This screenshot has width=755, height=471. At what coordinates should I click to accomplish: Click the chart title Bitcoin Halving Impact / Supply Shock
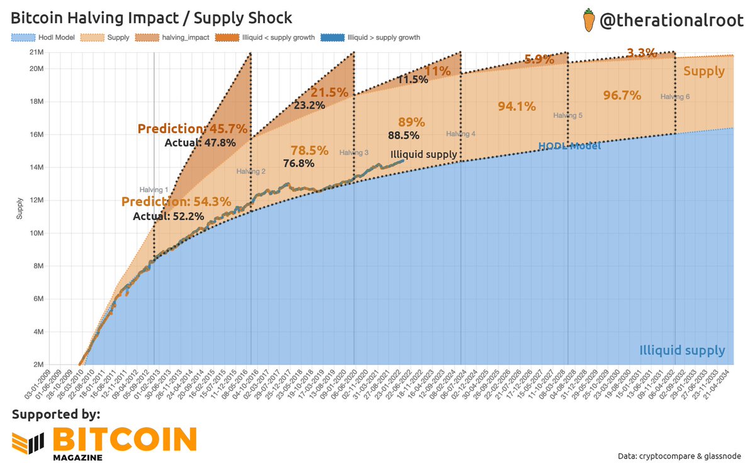pos(152,17)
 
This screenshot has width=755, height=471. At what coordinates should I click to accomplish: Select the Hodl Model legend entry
pos(43,38)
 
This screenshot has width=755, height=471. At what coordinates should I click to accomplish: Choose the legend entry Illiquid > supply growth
pos(372,38)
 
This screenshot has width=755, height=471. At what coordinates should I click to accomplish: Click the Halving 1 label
pos(154,189)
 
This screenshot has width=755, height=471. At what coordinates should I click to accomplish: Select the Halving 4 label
pos(461,134)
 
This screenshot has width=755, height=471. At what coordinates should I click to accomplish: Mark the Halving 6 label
pos(675,97)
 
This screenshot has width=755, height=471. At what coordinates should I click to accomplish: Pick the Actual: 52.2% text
pos(160,216)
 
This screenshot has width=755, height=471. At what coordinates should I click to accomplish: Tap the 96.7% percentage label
pos(622,96)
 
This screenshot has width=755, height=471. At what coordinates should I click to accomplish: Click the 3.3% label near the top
pos(642,53)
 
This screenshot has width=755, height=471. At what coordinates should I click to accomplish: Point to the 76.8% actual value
pos(298,163)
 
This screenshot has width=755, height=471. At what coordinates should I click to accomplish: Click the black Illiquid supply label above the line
pos(423,154)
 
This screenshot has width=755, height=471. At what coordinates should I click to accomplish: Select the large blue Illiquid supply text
pos(682,350)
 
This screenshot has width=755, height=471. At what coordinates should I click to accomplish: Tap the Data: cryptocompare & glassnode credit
pos(688,455)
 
